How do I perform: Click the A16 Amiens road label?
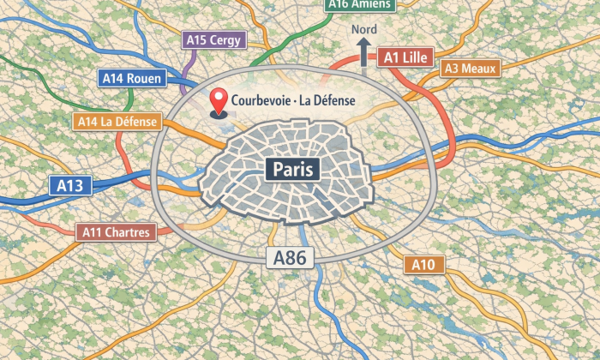360,4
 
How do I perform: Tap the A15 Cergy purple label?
215,39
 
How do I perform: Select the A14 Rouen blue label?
132,78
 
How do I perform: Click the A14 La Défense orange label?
117,122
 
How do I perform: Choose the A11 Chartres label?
117,231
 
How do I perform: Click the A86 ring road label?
290,256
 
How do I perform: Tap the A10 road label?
423,265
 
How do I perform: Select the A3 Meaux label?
468,69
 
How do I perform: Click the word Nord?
363,30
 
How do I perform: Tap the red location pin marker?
219,102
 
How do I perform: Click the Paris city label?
292,168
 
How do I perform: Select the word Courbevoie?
261,101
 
